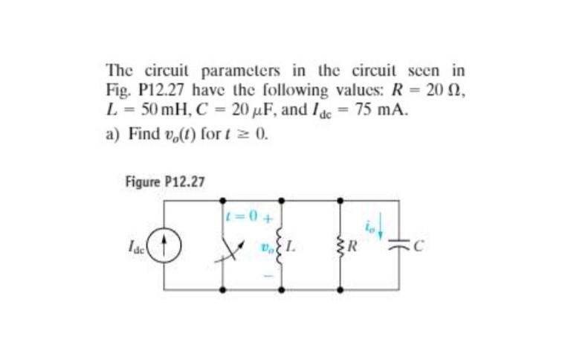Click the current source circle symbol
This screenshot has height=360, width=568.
(168, 243)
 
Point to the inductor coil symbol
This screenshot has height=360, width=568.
(281, 242)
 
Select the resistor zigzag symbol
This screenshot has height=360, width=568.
(340, 243)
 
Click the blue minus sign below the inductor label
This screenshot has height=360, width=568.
(268, 275)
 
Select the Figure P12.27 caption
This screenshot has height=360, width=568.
(164, 181)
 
